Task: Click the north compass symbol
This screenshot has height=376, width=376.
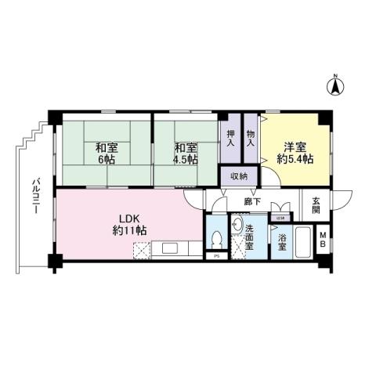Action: (x=334, y=85)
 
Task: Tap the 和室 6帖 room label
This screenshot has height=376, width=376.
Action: (x=107, y=153)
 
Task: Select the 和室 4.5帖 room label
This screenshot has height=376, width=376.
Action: (x=185, y=153)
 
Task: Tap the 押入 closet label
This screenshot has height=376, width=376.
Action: (x=230, y=139)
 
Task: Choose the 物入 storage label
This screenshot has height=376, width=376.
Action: (x=251, y=139)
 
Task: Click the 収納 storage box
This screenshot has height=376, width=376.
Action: (x=238, y=176)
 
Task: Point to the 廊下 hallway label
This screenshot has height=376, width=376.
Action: (x=251, y=201)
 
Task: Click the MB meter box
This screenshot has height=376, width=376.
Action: (x=323, y=243)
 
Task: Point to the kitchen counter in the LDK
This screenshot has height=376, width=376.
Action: (x=176, y=251)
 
